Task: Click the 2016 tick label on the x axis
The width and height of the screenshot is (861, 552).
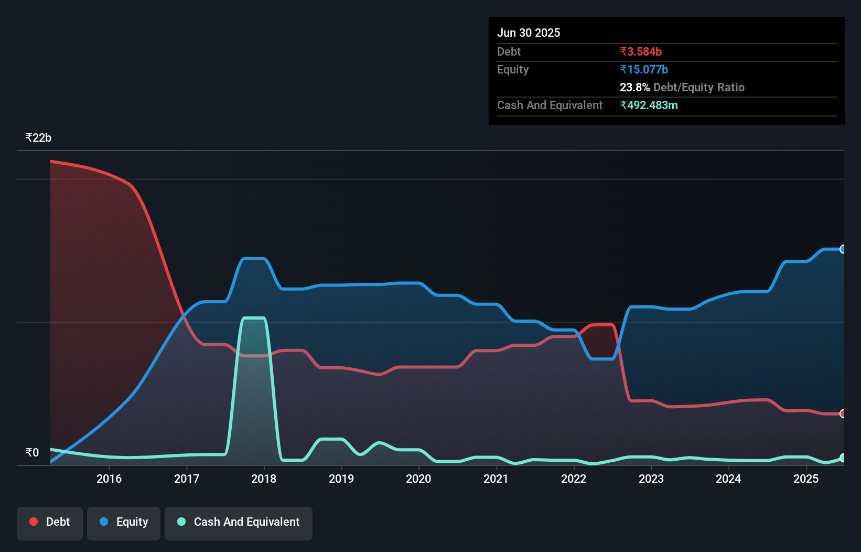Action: click(x=109, y=479)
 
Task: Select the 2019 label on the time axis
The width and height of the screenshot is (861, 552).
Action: click(x=341, y=479)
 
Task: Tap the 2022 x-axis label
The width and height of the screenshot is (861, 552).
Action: click(x=574, y=479)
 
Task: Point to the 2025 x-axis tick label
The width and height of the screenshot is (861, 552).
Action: click(x=806, y=479)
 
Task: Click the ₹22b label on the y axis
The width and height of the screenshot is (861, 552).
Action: click(x=38, y=138)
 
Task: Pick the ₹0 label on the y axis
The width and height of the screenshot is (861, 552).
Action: click(x=32, y=453)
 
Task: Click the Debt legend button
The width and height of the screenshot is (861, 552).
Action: click(x=50, y=522)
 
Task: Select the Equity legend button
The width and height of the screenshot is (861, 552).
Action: click(x=124, y=522)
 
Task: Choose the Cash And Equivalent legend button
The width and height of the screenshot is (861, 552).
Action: click(x=239, y=522)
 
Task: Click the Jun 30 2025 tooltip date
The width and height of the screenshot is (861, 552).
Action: click(x=529, y=33)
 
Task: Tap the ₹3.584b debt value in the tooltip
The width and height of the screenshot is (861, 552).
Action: click(x=641, y=52)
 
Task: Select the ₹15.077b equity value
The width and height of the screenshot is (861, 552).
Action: click(x=644, y=70)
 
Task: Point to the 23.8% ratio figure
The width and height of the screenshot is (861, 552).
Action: click(x=634, y=88)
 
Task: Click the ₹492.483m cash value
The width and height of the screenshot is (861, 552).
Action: click(x=649, y=105)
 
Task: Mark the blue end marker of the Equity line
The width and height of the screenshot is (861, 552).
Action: click(x=843, y=249)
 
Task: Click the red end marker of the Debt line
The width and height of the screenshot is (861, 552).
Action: click(x=843, y=413)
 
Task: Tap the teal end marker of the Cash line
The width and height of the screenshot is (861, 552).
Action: click(x=843, y=458)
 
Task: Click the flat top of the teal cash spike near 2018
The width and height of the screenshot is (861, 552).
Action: click(x=254, y=318)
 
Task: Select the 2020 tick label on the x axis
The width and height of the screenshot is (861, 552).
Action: click(x=418, y=479)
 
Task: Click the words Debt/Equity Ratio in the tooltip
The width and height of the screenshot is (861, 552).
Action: click(x=698, y=88)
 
